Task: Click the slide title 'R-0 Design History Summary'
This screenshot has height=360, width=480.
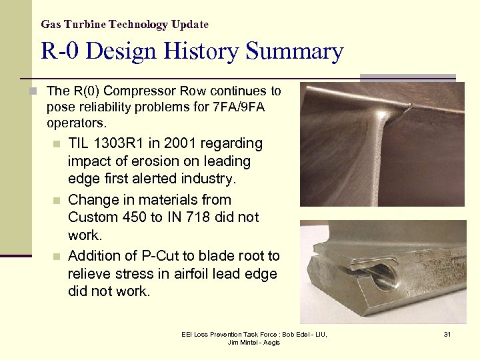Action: pyautogui.click(x=192, y=51)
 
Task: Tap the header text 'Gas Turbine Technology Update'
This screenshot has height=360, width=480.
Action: pyautogui.click(x=125, y=25)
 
